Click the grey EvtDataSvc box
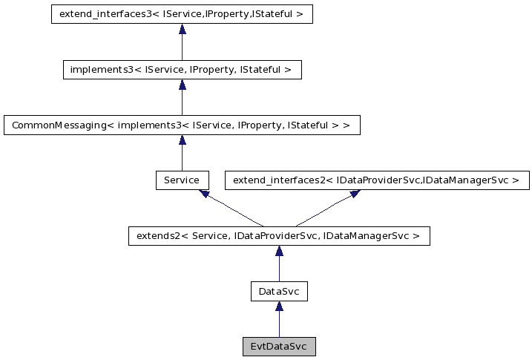279,347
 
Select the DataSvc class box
279,292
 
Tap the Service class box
182,180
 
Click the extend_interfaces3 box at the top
182,14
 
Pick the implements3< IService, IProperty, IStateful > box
182,70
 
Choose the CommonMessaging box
182,125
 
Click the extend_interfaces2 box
376,180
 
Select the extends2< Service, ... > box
279,236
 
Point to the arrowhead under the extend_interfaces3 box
182,29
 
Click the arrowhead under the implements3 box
182,85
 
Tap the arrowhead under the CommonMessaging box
182,140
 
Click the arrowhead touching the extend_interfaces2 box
354,193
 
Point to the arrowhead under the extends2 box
279,251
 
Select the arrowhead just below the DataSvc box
279,306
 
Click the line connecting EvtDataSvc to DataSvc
279,324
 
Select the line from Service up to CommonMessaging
182,157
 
